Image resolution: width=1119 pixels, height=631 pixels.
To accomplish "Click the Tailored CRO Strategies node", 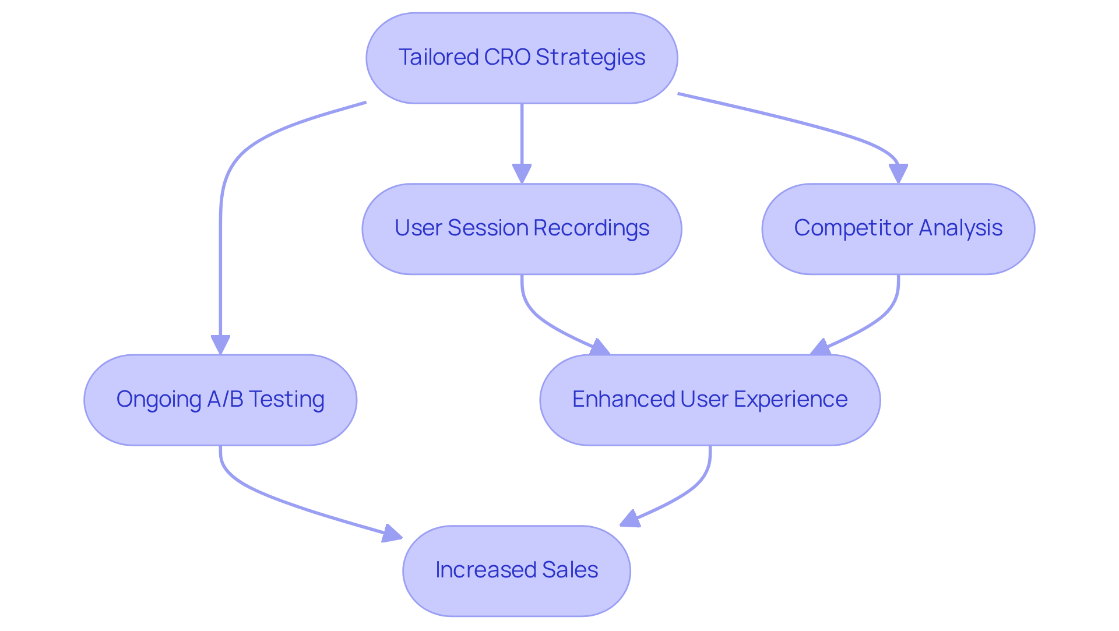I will pos(522,58).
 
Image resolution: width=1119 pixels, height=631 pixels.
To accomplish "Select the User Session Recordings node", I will pos(522,229).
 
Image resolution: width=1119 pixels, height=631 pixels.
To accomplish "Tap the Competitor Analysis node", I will pos(898,229).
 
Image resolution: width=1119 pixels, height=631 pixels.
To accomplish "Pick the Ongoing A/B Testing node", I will pos(220,400).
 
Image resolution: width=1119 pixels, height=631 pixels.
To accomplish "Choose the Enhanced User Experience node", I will pos(710,400).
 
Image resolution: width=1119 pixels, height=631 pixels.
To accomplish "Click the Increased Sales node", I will pos(516,570).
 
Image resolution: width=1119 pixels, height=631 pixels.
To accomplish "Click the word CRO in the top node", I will pos(507,57).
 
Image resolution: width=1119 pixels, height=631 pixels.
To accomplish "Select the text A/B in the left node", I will pos(225,399).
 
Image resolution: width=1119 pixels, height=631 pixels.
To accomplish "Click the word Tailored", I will pos(438,57).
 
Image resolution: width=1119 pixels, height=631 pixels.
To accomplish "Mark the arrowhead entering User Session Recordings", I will pos(522,174).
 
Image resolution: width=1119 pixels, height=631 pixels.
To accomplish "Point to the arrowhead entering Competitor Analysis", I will pos(898,174).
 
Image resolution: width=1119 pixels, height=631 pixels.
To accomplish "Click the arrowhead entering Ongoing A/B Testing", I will pos(220,344).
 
